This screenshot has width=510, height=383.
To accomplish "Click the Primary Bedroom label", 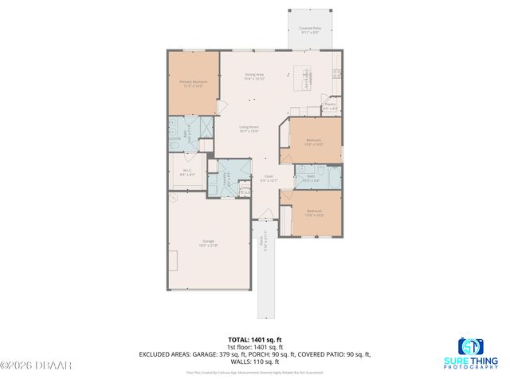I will (x=192, y=83).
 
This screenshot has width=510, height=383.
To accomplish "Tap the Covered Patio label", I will (x=309, y=30).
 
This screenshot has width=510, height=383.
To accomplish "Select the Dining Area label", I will (x=254, y=77).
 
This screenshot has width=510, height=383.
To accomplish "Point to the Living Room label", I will (x=249, y=128).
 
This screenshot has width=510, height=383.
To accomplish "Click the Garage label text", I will (x=209, y=243).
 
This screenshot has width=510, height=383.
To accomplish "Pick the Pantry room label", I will (x=330, y=105).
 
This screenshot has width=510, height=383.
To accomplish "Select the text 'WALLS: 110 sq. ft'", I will (x=254, y=361).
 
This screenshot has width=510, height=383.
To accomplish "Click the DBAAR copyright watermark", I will (x=36, y=365).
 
